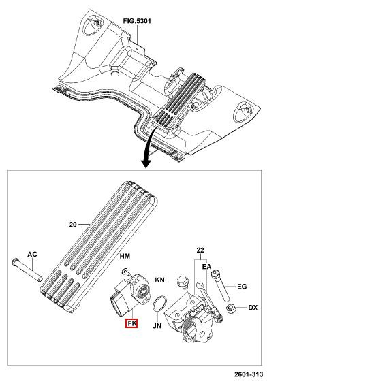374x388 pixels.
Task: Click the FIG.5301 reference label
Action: point(137,21)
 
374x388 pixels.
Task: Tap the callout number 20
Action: point(73,225)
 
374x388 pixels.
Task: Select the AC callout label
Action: point(32,254)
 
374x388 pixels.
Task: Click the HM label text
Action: point(125,256)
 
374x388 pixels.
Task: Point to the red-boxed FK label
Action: point(131,323)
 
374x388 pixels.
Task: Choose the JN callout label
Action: point(157,326)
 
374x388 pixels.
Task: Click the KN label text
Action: point(160,280)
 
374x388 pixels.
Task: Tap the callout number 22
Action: point(200,250)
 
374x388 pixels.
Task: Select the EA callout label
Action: point(206,267)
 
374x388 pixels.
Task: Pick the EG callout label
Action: point(242,287)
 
